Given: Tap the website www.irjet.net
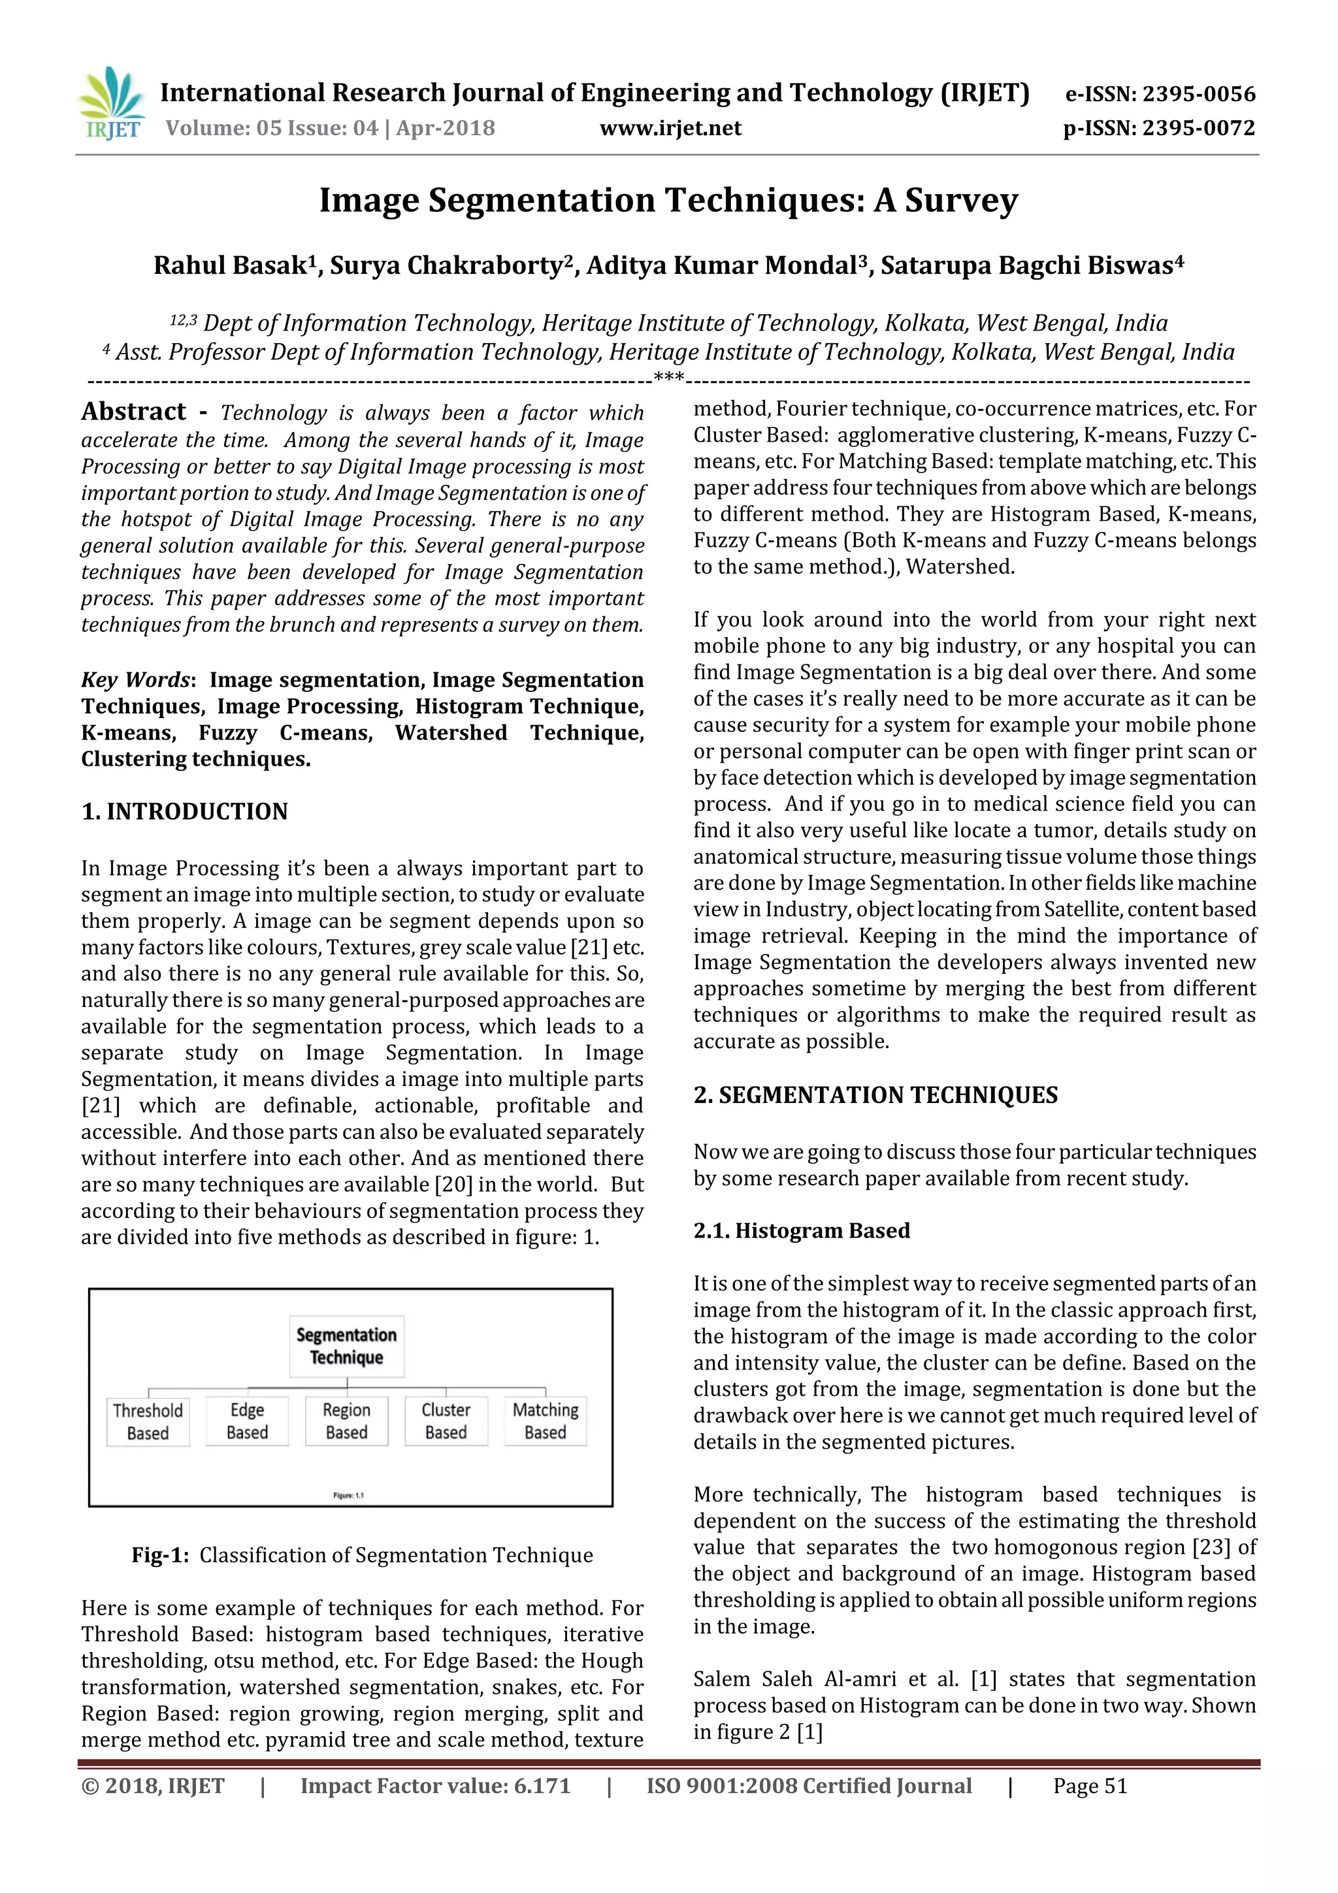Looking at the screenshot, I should click(670, 129).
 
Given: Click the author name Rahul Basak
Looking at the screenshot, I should click(230, 265).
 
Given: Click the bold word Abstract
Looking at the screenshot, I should click(133, 412).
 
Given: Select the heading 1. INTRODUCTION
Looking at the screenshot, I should click(185, 812).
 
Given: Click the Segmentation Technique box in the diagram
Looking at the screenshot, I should click(346, 1345).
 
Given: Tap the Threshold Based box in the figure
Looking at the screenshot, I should click(148, 1421).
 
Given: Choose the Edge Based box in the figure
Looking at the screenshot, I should click(248, 1421).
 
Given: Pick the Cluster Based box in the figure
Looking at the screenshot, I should click(446, 1421).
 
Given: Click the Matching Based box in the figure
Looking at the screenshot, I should click(545, 1421).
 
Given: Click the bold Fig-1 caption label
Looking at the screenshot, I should click(160, 1555).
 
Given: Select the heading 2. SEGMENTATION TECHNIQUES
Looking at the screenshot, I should click(875, 1095).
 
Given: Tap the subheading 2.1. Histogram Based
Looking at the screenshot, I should click(802, 1231).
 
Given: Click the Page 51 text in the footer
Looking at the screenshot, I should click(1089, 1786).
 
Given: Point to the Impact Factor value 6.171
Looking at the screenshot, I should click(542, 1786).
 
